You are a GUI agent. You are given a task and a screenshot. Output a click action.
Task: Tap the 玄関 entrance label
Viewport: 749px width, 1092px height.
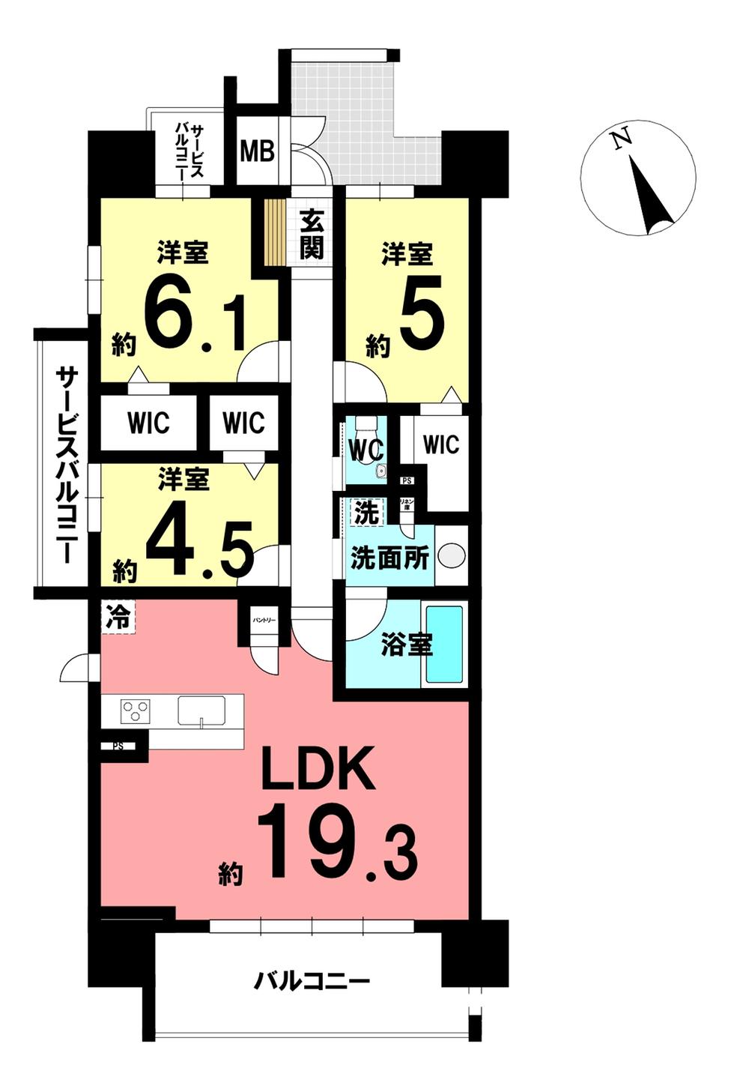coord(311,234)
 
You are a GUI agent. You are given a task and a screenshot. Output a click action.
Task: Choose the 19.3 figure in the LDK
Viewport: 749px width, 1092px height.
coord(337,841)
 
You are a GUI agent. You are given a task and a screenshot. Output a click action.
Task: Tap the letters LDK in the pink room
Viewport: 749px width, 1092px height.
coord(318,770)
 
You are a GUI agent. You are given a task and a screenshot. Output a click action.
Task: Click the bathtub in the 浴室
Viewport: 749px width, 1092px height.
coord(443,644)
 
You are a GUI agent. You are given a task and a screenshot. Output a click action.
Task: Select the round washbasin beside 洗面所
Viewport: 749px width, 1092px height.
coord(451,556)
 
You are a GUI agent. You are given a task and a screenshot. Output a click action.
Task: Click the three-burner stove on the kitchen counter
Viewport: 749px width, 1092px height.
coord(136,709)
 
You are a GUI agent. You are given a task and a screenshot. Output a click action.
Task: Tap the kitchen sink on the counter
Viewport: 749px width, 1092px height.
coord(201,710)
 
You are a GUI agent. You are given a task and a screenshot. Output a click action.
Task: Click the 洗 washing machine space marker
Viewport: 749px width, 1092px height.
coord(367,513)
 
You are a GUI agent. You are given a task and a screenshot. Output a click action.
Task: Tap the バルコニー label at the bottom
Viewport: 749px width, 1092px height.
coord(312,980)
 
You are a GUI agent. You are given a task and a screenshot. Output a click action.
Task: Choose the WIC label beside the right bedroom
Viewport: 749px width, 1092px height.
coord(440,444)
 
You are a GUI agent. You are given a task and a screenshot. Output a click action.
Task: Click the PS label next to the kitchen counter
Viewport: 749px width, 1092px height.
coord(118,746)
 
